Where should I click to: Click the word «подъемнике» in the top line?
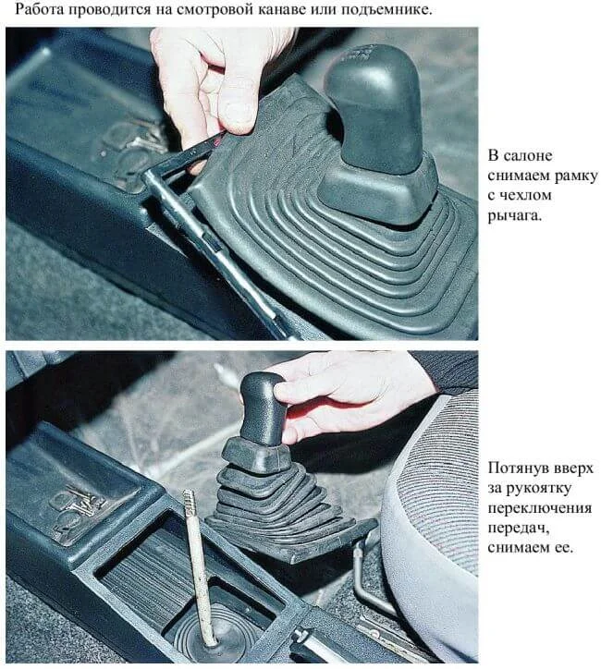click(x=387, y=9)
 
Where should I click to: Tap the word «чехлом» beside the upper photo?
click(x=524, y=195)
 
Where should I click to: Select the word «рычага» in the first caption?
click(x=514, y=215)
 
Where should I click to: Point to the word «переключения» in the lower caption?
click(x=540, y=508)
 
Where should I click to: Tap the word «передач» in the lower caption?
click(x=519, y=529)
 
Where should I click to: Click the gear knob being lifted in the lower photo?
click(x=262, y=407)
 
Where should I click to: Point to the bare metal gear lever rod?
click(x=198, y=567)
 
